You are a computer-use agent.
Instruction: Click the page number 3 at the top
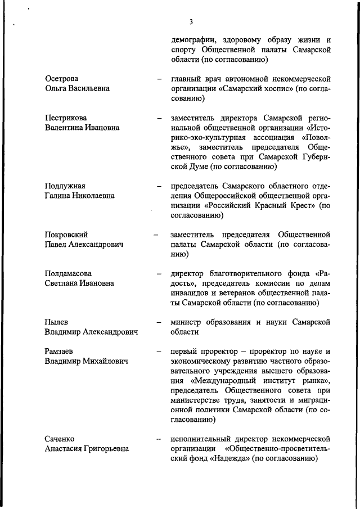coord(191,22)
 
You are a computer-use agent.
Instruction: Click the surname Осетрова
coord(62,78)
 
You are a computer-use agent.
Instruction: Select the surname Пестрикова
coord(66,118)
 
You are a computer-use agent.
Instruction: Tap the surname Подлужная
coord(65,186)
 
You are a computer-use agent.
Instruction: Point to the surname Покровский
coord(66,235)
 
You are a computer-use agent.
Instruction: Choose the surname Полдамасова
coord(69,273)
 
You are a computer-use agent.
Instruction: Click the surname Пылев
coord(56,322)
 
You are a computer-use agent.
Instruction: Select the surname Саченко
coord(60,438)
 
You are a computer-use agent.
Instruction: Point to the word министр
coord(188,322)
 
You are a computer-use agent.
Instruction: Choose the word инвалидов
coord(191,294)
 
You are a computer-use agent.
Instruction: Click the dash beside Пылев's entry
coord(160,323)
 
